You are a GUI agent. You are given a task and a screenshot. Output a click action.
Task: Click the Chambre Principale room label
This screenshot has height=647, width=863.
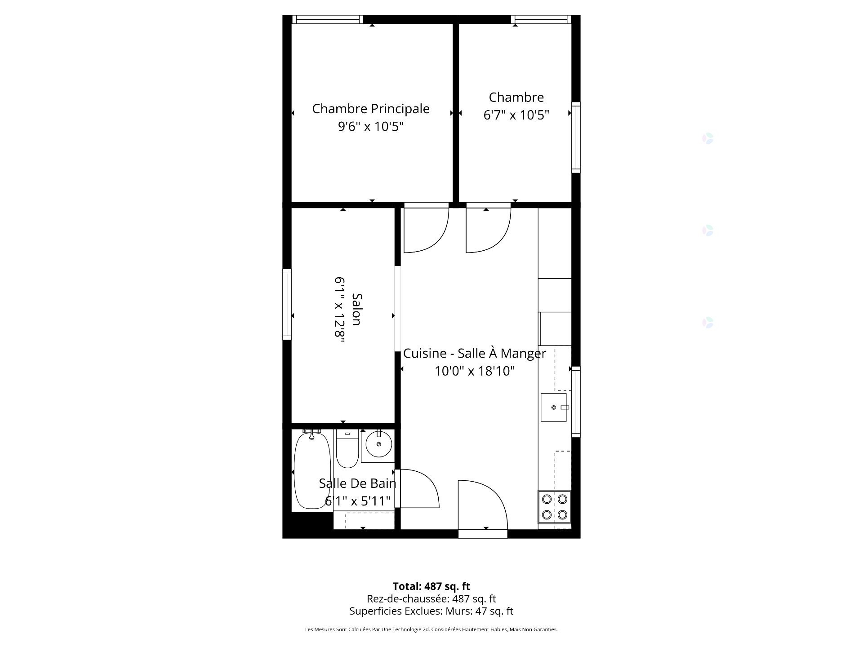click(371, 109)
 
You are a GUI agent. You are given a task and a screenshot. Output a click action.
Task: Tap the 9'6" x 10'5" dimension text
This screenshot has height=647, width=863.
click(371, 127)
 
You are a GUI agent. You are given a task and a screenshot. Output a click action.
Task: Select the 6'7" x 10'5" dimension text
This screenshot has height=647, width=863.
click(516, 115)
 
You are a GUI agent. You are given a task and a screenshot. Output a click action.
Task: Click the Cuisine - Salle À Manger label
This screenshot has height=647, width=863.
click(475, 353)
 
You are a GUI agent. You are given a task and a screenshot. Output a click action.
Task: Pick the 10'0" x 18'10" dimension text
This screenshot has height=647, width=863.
click(475, 371)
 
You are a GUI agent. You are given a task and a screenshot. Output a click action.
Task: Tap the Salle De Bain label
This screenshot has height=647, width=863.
click(357, 483)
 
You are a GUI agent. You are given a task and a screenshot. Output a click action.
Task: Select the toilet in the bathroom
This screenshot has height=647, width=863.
click(347, 448)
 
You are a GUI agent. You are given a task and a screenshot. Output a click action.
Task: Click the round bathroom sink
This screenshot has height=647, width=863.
click(379, 444)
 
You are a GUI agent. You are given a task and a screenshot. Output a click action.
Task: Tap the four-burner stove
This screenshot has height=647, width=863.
click(555, 507)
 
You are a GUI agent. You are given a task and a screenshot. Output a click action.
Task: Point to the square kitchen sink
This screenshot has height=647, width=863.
click(554, 408)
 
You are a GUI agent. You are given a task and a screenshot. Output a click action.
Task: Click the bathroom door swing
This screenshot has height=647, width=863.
click(419, 489)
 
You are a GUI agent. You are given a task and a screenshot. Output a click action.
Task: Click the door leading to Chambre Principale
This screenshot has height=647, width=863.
click(426, 228)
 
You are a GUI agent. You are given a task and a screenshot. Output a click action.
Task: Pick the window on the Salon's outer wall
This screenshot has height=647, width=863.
click(287, 304)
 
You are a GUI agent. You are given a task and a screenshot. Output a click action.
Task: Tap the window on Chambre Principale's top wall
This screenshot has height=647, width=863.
click(328, 19)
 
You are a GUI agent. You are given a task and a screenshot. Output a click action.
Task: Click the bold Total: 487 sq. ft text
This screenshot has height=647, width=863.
click(431, 586)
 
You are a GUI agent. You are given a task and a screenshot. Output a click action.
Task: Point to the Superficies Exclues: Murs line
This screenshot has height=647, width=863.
click(431, 611)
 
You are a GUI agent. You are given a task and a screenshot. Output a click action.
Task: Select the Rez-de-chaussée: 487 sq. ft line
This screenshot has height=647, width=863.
click(431, 599)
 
